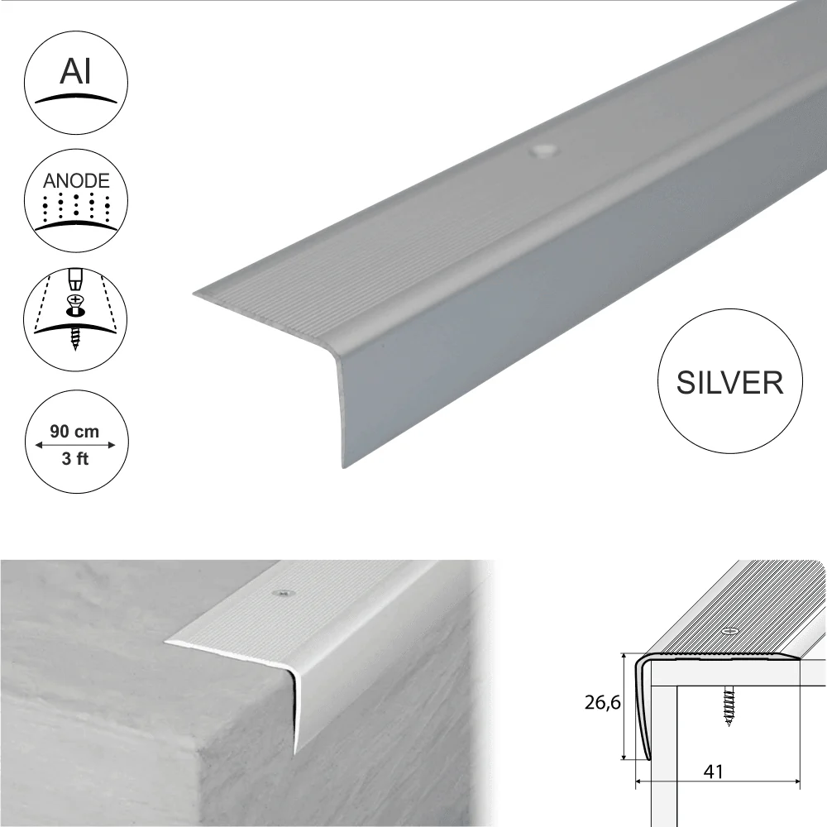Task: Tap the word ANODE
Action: point(76,181)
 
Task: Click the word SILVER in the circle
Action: point(730,382)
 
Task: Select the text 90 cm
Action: point(74,432)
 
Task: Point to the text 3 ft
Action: point(75,459)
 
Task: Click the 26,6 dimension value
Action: point(602,702)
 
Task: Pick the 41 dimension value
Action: point(713,772)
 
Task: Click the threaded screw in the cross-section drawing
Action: point(729,706)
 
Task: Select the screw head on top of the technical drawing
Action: point(730,631)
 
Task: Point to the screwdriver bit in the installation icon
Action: point(76,280)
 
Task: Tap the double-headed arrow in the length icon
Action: point(75,445)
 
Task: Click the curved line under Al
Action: point(75,98)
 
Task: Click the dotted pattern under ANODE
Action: point(76,208)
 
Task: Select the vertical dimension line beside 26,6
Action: point(624,706)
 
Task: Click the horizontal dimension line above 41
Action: point(718,782)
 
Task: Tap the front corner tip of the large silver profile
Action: point(193,294)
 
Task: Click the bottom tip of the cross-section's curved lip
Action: point(648,759)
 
